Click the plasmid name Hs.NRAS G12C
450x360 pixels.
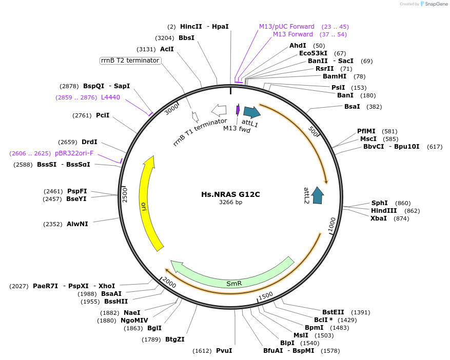click(x=230, y=194)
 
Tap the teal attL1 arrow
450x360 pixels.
click(x=251, y=112)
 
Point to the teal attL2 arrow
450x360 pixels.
click(x=318, y=195)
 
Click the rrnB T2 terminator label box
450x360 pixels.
click(x=130, y=61)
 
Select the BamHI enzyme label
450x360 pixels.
click(x=335, y=76)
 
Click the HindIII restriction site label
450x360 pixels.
click(x=384, y=210)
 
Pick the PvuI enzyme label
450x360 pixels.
click(x=224, y=351)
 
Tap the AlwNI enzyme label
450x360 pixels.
click(x=77, y=224)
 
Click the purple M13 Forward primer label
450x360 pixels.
click(x=292, y=34)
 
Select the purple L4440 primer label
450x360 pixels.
click(x=110, y=97)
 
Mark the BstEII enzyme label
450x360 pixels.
click(x=334, y=312)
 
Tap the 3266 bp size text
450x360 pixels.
click(x=230, y=203)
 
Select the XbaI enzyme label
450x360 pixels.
click(x=379, y=218)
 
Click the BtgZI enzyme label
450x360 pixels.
click(x=174, y=339)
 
